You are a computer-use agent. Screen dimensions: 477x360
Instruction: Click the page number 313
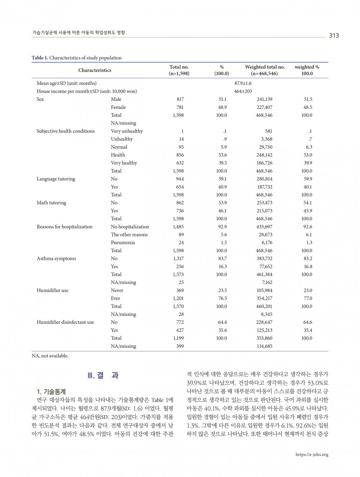tap(334, 35)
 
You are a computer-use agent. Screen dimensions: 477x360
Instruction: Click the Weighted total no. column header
tap(264, 67)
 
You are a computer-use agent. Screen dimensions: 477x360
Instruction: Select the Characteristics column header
tap(94, 70)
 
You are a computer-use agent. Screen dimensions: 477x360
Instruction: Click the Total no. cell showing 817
tap(180, 99)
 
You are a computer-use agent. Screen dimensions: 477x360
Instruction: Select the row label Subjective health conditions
tap(65, 131)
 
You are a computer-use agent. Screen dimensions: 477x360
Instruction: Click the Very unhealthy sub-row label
tap(127, 131)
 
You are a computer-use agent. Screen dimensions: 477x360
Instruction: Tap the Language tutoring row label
tap(56, 179)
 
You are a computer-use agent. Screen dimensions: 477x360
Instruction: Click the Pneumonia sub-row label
tap(122, 242)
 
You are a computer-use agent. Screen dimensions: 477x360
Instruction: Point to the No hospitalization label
tap(130, 226)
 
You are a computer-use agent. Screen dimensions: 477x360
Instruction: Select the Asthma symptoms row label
tap(56, 258)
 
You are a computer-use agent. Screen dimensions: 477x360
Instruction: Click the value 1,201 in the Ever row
tap(178, 298)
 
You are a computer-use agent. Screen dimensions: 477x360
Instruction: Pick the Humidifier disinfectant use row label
tap(65, 322)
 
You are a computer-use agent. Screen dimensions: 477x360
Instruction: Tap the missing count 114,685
tap(264, 346)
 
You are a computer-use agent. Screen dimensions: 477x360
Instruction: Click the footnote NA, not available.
tap(50, 355)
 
